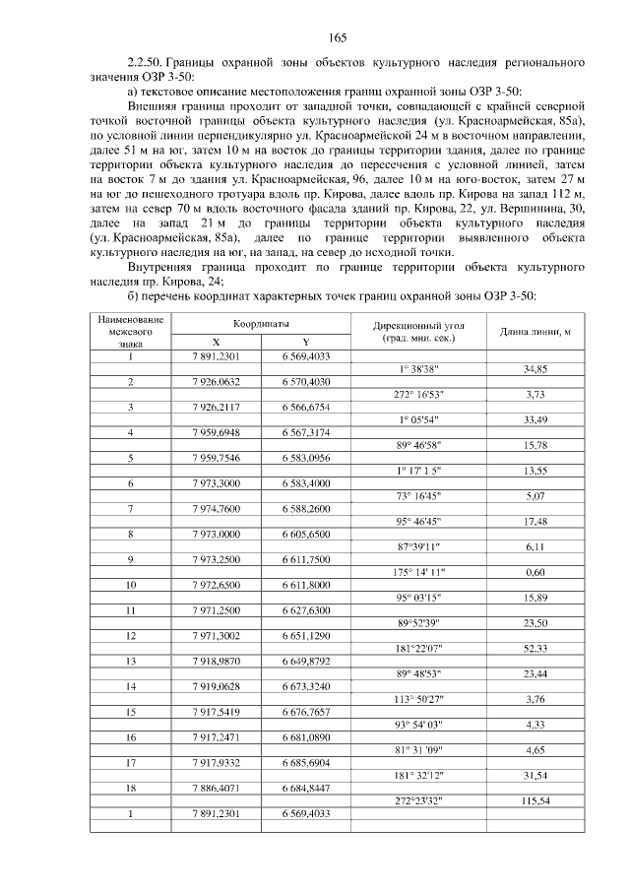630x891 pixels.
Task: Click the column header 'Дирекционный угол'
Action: (418, 324)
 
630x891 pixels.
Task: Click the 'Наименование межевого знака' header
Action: (130, 332)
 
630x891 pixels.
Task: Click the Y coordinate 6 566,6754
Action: (305, 406)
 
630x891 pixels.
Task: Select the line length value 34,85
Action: (535, 368)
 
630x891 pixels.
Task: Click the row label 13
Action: (130, 661)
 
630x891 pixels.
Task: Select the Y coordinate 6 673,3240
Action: (305, 686)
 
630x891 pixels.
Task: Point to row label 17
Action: (130, 763)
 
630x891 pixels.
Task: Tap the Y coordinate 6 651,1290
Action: (305, 636)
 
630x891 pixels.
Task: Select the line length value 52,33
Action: (535, 648)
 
